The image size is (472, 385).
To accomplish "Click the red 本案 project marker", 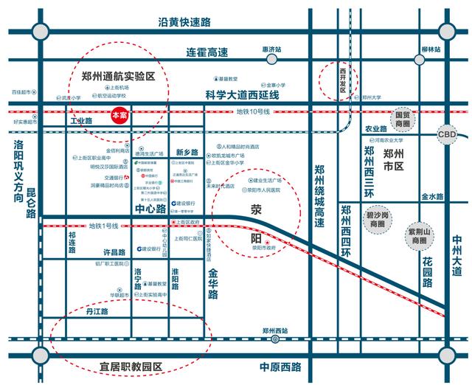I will pyautogui.click(x=118, y=116).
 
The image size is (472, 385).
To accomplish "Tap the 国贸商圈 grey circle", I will pyautogui.click(x=402, y=119).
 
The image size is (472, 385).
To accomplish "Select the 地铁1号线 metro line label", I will pyautogui.click(x=104, y=225).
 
